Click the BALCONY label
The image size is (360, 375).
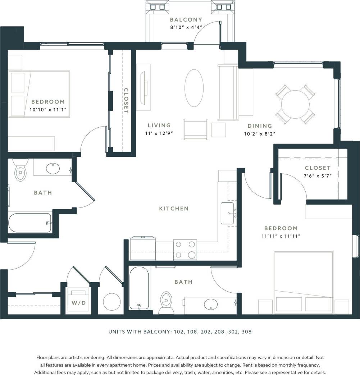(186, 20)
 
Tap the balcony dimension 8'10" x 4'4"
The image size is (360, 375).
(186, 27)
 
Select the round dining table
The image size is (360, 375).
(295, 105)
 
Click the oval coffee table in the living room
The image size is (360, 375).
(194, 88)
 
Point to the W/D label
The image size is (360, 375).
(78, 303)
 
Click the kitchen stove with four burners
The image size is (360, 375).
(185, 250)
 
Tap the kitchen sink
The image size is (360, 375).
(228, 213)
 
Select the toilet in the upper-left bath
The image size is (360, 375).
(20, 170)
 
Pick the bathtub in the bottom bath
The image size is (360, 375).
(139, 288)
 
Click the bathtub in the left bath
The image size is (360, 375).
(30, 223)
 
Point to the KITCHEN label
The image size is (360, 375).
(174, 209)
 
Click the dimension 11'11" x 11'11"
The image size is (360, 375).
(281, 236)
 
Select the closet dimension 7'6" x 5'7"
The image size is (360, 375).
(318, 175)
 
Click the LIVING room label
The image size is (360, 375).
(159, 125)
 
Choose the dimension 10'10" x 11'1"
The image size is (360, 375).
(48, 109)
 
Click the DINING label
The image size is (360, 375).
(260, 126)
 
